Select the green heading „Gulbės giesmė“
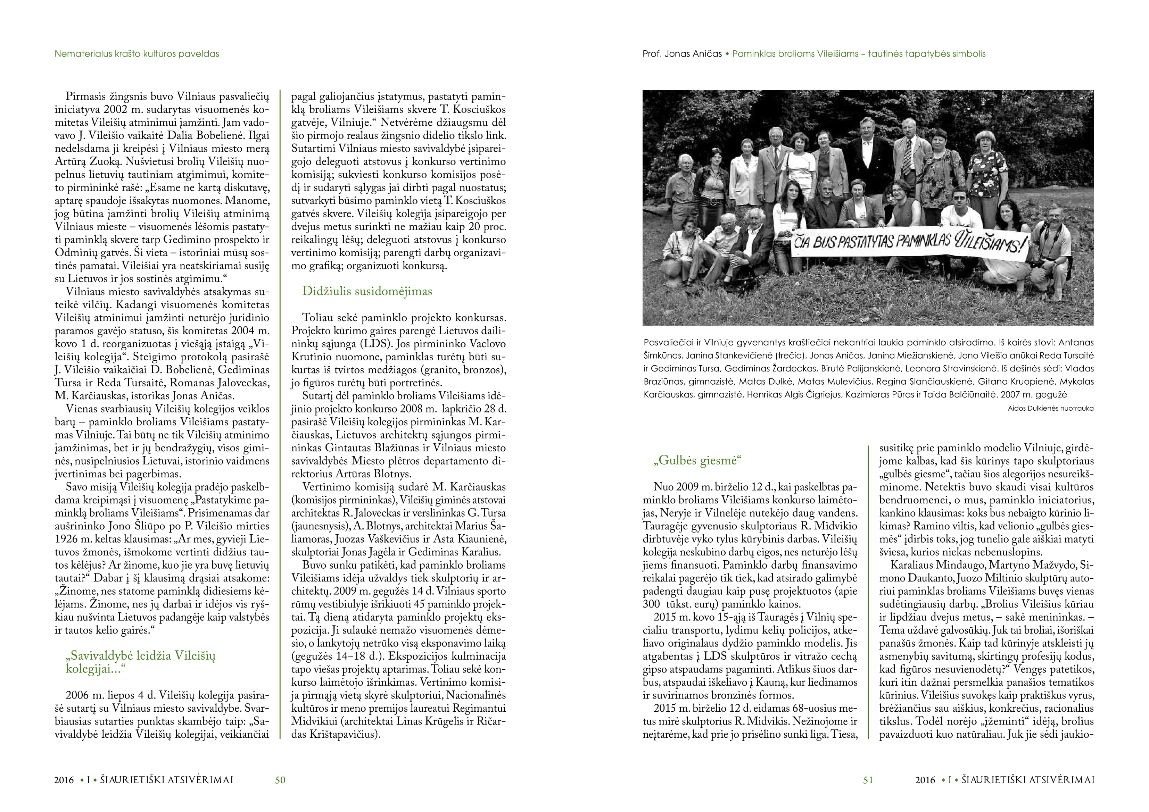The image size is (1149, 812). pos(697,460)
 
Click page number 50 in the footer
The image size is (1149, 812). pos(280,780)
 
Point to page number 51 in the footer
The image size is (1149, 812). pos(868,780)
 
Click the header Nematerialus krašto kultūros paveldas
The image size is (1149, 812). pos(137,53)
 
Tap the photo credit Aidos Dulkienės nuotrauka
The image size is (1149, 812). pos(1050,408)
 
